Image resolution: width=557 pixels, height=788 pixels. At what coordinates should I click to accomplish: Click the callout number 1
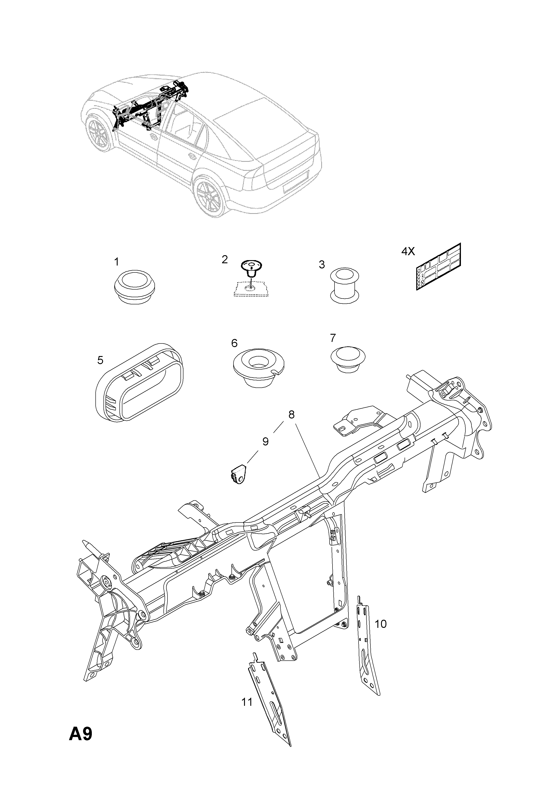(117, 262)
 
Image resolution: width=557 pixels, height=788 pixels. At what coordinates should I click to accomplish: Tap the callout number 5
(100, 360)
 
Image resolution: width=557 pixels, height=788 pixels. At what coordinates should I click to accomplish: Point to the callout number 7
(333, 338)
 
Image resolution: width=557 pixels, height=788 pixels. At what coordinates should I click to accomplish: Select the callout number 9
(265, 441)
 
